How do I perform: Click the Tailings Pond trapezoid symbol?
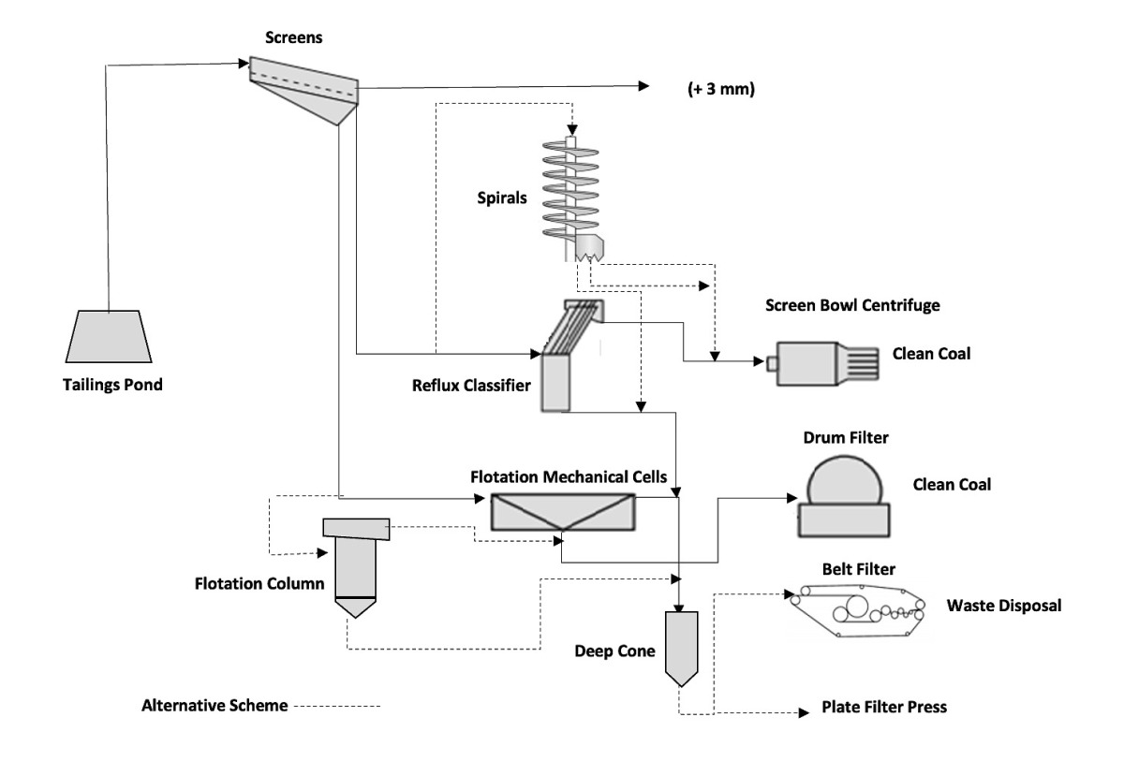pos(111,337)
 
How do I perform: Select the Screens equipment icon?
pos(305,89)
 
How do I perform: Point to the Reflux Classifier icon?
pos(562,356)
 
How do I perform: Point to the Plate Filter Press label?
pos(884,708)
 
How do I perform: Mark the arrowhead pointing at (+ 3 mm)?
pos(643,86)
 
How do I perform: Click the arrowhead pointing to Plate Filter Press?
pos(802,713)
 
